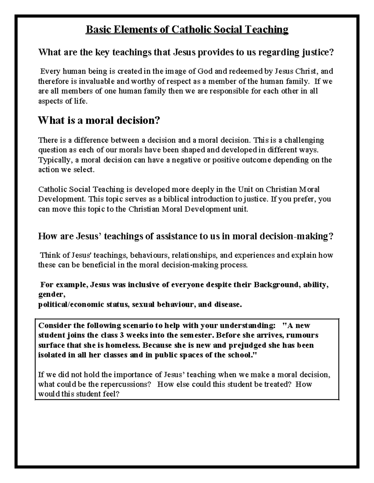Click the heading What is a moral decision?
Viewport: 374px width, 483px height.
pyautogui.click(x=99, y=120)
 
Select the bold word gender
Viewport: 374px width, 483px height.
pyautogui.click(x=51, y=295)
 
